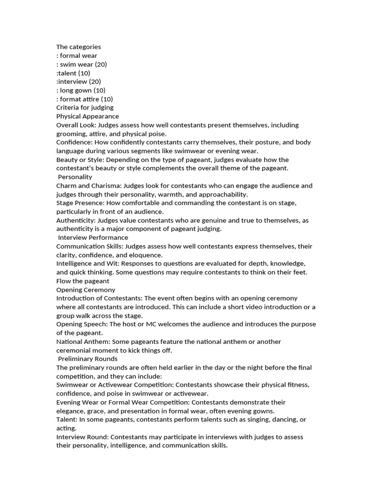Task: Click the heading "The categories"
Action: click(79, 47)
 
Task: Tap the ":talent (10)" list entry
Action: click(73, 73)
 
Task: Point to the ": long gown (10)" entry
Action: click(81, 90)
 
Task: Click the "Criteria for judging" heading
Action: click(85, 107)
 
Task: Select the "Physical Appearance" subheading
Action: click(87, 116)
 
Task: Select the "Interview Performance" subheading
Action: click(93, 237)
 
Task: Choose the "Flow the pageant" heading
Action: click(83, 281)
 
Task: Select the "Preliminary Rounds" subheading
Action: click(87, 359)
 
